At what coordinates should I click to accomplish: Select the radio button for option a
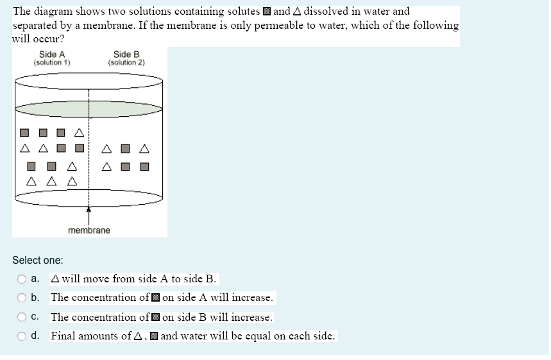click(x=22, y=279)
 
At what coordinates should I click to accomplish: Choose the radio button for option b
click(x=22, y=298)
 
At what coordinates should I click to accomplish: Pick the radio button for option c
click(x=22, y=317)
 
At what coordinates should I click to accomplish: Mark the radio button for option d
click(x=22, y=336)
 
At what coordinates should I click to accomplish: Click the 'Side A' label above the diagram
click(x=52, y=55)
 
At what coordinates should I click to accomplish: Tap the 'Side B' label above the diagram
click(x=126, y=55)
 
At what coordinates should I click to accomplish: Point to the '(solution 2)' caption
click(x=126, y=63)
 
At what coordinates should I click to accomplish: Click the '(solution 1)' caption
click(x=52, y=63)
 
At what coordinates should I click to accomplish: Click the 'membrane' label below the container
click(x=89, y=230)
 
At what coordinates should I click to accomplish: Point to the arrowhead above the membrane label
click(x=89, y=209)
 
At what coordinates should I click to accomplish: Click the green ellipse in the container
click(x=89, y=108)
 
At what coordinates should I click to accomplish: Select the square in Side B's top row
click(x=126, y=150)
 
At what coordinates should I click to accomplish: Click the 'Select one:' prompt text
click(x=38, y=260)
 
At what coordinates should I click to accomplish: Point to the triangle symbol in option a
click(x=56, y=279)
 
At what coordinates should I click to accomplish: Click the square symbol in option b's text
click(x=155, y=298)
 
